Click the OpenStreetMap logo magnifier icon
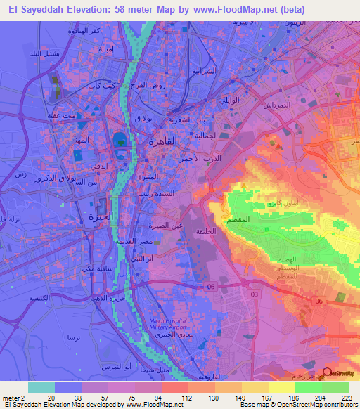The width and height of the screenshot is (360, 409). [x=326, y=373]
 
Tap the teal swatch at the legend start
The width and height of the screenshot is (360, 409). [x=41, y=387]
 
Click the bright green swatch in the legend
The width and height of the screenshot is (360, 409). [x=308, y=387]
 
